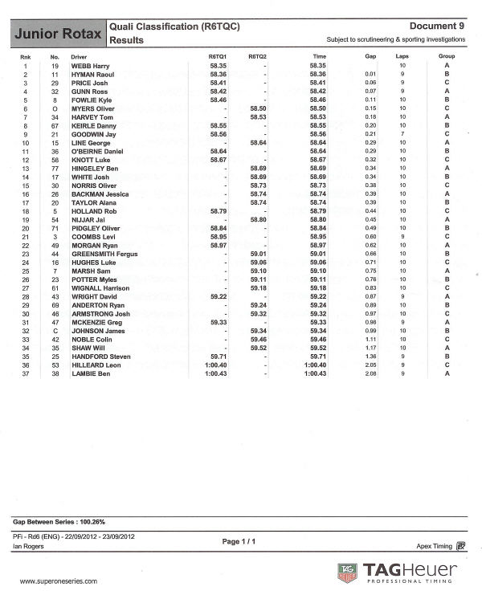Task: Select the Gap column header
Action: coord(371,58)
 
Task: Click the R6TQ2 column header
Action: coord(257,58)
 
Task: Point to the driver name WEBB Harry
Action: coord(91,65)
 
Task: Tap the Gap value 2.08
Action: coord(370,373)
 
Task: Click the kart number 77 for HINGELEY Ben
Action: coord(55,168)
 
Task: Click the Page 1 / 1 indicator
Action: coord(239,542)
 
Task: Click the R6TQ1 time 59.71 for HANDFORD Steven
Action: coord(219,356)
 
